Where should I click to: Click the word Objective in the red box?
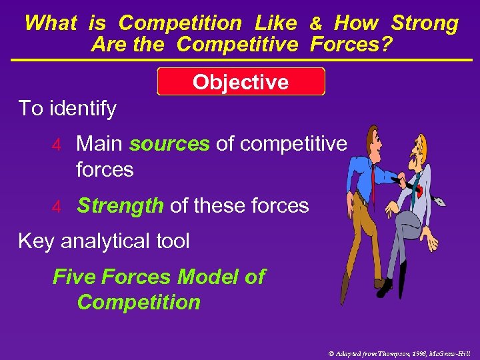pos(241,82)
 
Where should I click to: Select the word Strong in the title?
pos(424,23)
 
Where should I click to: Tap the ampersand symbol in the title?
pos(316,24)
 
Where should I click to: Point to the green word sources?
pos(169,143)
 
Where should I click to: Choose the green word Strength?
pos(120,206)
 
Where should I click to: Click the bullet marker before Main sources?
pos(57,145)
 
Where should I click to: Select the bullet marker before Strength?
pos(57,207)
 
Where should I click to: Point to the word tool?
pos(171,241)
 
